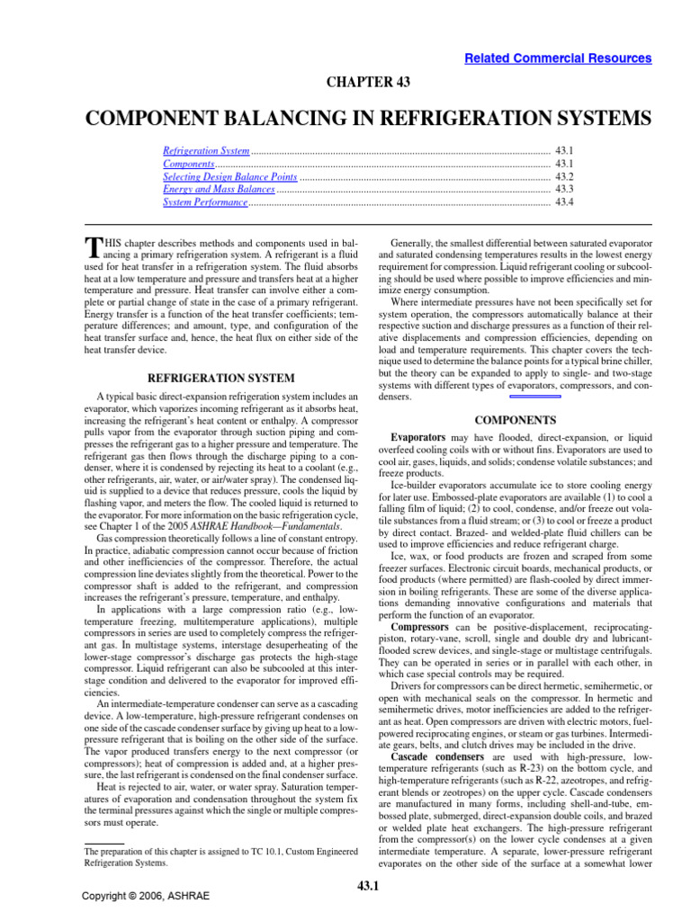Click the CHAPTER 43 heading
368,82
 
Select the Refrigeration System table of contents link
206,151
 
